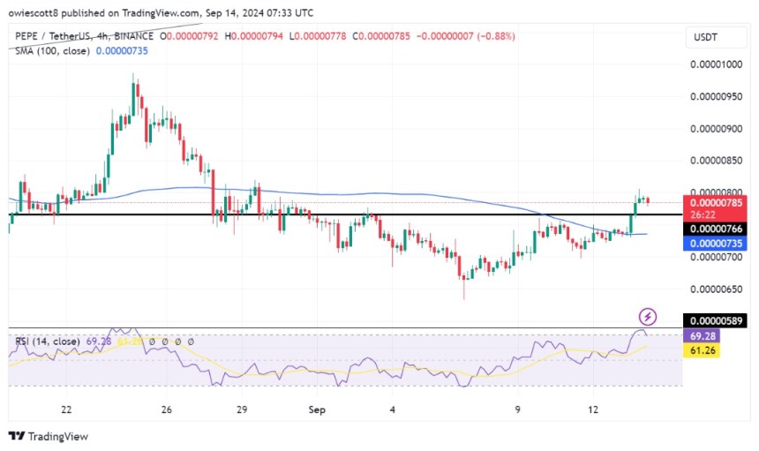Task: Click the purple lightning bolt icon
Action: [648, 316]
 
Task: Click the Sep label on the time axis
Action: [317, 410]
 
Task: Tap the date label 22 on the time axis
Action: [66, 410]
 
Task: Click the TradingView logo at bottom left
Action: [49, 436]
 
